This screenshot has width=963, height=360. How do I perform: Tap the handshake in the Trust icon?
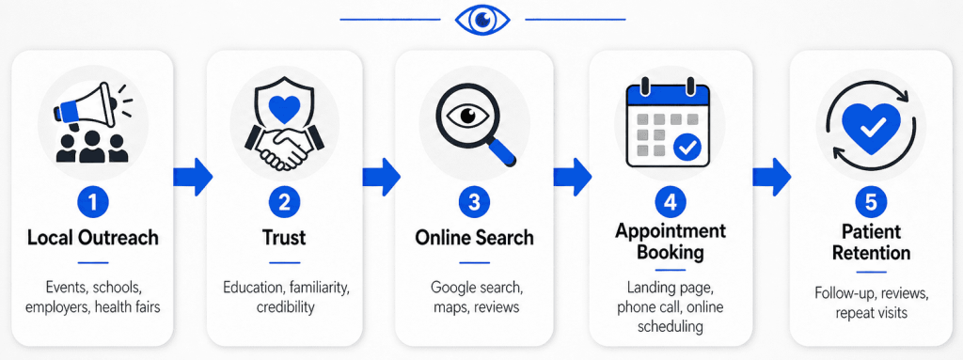pyautogui.click(x=284, y=143)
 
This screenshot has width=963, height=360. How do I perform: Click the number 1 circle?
pyautogui.click(x=93, y=203)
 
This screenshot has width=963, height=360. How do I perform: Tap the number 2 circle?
pyautogui.click(x=284, y=203)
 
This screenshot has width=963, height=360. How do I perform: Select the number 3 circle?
pyautogui.click(x=474, y=203)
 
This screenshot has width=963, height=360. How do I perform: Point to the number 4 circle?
pyautogui.click(x=670, y=203)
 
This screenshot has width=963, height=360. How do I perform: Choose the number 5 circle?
pyautogui.click(x=871, y=203)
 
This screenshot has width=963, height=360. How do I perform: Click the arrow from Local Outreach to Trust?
pyautogui.click(x=193, y=177)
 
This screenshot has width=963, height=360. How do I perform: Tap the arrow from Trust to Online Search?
pyautogui.click(x=382, y=177)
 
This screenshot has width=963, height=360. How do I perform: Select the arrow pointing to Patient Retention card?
pyautogui.click(x=772, y=177)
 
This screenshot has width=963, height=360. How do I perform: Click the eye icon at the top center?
pyautogui.click(x=482, y=20)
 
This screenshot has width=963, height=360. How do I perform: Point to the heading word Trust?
pyautogui.click(x=284, y=238)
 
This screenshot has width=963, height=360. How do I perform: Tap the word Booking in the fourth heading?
pyautogui.click(x=670, y=251)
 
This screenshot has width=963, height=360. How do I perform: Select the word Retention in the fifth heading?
pyautogui.click(x=871, y=252)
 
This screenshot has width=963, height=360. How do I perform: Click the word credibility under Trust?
pyautogui.click(x=285, y=306)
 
